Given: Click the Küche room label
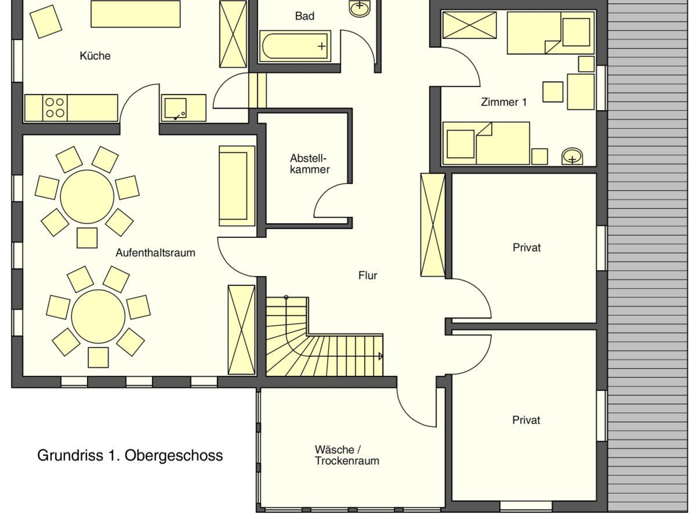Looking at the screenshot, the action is click(x=95, y=56).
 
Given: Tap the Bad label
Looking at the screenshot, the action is click(x=304, y=16).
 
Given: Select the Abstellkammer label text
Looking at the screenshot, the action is click(x=310, y=164).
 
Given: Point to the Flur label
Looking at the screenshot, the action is click(x=368, y=275).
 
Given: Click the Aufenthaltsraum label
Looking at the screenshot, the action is click(x=155, y=253).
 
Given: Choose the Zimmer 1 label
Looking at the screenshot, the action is click(x=504, y=102).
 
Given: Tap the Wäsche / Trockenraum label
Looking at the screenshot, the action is click(x=347, y=455).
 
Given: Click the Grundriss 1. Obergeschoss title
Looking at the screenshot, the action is click(x=130, y=456).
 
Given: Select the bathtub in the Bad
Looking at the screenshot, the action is click(x=295, y=46).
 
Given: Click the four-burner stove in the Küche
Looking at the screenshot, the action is click(x=55, y=108).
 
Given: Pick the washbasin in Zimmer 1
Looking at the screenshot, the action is click(x=572, y=157).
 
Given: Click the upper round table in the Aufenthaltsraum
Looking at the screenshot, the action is click(x=87, y=197).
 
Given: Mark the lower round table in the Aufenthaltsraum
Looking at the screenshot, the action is click(x=98, y=316).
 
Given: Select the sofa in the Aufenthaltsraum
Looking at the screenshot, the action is click(x=237, y=186).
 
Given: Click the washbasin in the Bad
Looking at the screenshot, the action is click(x=360, y=8).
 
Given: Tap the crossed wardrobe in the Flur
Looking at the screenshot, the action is click(x=433, y=225).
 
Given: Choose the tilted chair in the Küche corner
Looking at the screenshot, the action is click(x=46, y=21).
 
